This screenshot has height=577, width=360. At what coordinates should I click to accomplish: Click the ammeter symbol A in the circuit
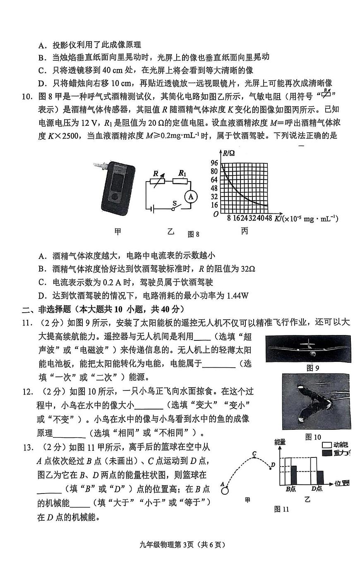[191, 197]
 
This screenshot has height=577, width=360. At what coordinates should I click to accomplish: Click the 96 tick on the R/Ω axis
[214, 163]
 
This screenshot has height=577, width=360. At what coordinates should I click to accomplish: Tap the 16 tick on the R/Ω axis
[214, 205]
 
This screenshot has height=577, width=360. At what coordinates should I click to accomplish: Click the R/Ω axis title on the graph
[228, 153]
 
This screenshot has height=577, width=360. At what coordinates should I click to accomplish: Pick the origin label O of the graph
[216, 214]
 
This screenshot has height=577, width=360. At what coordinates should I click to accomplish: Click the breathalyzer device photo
[118, 190]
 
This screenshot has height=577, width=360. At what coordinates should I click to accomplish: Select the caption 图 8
[193, 234]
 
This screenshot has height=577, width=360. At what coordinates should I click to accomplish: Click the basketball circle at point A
[225, 491]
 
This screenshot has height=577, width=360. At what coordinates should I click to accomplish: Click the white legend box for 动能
[326, 445]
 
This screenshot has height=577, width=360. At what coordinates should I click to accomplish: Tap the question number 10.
[26, 96]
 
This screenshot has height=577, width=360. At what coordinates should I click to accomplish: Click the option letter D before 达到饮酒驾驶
[41, 296]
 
